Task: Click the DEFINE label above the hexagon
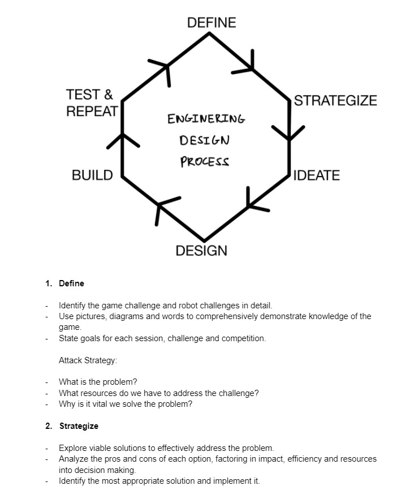tap(212, 23)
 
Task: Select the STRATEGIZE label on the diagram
tap(335, 101)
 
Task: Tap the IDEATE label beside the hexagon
tap(317, 175)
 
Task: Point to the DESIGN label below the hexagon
tap(201, 251)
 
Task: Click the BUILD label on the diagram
tap(92, 175)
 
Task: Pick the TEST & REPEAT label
tap(92, 102)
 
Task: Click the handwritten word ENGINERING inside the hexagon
tap(206, 119)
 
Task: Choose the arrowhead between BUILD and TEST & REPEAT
tap(122, 140)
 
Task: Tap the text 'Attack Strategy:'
tap(88, 360)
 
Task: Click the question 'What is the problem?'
tap(98, 382)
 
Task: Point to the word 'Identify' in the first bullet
tap(72, 306)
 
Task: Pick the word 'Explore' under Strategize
tap(72, 448)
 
